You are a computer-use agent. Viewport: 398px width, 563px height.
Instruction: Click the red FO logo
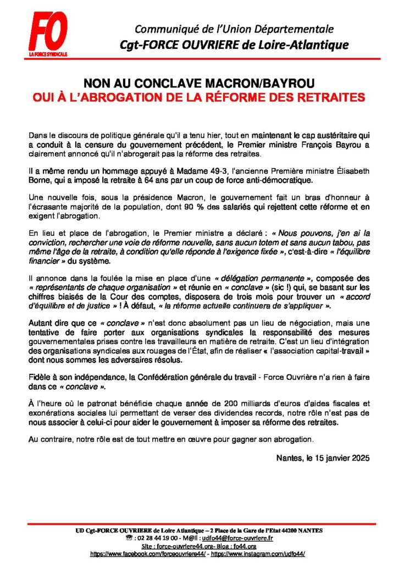coord(48,32)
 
